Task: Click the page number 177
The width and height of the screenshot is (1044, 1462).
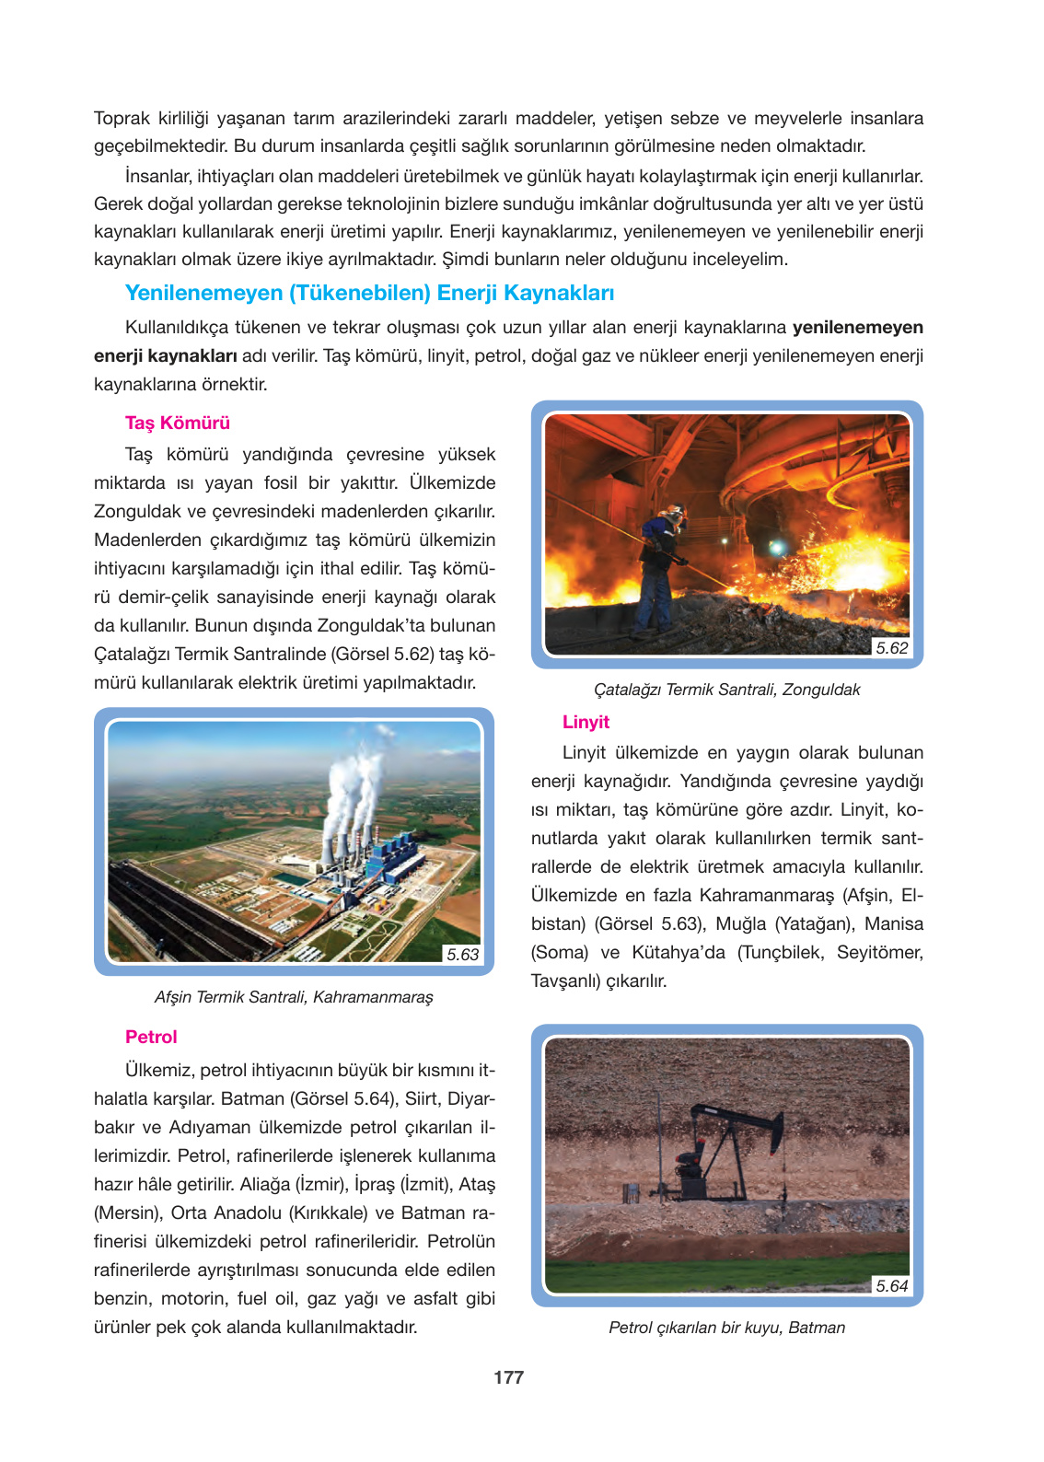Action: click(x=508, y=1377)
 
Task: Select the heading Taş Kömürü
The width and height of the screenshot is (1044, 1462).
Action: click(x=178, y=423)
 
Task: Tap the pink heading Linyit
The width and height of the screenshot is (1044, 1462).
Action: click(x=586, y=722)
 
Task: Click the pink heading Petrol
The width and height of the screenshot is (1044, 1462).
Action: click(x=151, y=1037)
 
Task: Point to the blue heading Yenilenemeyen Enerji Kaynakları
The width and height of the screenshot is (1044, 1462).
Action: click(x=369, y=293)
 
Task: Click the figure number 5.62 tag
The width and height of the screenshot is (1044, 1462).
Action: click(x=891, y=648)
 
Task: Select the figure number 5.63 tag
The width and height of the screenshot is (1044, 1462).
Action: click(x=462, y=955)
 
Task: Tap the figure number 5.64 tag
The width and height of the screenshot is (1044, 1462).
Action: click(x=891, y=1286)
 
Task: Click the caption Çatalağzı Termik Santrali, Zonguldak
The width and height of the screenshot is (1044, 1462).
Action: click(x=726, y=690)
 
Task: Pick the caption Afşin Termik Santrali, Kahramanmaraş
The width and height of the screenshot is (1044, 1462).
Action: click(x=294, y=997)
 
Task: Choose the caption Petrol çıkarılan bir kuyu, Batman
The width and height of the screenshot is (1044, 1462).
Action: click(x=726, y=1328)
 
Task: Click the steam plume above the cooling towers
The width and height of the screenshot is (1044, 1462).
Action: click(x=354, y=783)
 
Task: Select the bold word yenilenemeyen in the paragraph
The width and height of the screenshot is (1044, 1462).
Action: click(x=857, y=328)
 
